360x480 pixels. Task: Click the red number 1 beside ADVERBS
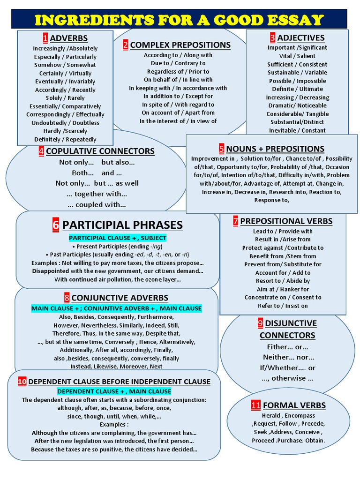click(45, 38)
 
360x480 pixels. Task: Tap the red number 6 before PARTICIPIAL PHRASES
click(56, 225)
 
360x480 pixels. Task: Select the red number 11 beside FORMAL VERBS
click(255, 405)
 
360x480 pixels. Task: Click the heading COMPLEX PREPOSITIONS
click(180, 45)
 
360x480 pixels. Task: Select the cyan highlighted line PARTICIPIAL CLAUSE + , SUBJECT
click(118, 238)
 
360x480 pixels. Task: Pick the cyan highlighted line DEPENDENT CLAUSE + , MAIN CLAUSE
click(114, 391)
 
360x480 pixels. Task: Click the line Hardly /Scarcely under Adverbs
click(65, 131)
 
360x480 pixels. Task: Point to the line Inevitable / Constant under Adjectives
click(297, 130)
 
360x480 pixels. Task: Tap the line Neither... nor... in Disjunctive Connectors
click(287, 357)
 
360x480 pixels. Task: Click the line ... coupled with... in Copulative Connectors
click(97, 204)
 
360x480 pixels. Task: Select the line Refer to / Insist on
click(283, 306)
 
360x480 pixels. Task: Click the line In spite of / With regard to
click(178, 105)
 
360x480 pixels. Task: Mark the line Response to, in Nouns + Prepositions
click(271, 200)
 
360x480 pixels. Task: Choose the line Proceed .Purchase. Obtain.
click(288, 441)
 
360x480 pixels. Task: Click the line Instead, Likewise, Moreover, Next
click(117, 367)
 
